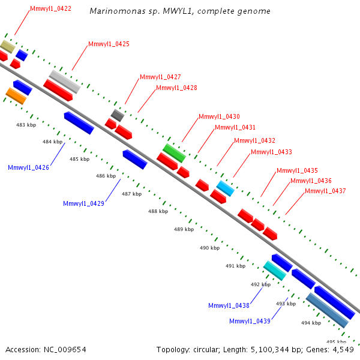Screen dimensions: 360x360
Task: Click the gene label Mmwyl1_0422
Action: (50, 9)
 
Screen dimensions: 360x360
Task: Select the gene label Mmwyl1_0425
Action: (109, 44)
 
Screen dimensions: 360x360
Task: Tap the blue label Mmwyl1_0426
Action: (28, 167)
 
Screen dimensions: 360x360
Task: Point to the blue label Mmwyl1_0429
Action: (83, 203)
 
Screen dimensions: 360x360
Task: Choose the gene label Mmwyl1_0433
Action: (271, 152)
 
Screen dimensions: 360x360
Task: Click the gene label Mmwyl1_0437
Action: (325, 191)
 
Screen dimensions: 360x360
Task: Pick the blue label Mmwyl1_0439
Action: (250, 321)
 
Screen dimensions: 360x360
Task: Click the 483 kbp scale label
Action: (25, 125)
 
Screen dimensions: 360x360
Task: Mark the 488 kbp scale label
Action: (158, 211)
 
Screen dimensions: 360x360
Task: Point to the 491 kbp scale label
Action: (235, 266)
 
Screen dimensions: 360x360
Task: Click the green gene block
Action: (174, 153)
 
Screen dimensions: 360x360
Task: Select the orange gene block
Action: (16, 95)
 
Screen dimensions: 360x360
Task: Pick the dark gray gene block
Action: (118, 115)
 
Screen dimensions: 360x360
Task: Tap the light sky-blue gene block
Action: (226, 188)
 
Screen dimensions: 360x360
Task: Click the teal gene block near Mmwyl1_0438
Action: (275, 271)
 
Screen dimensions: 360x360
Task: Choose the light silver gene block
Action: (64, 82)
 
